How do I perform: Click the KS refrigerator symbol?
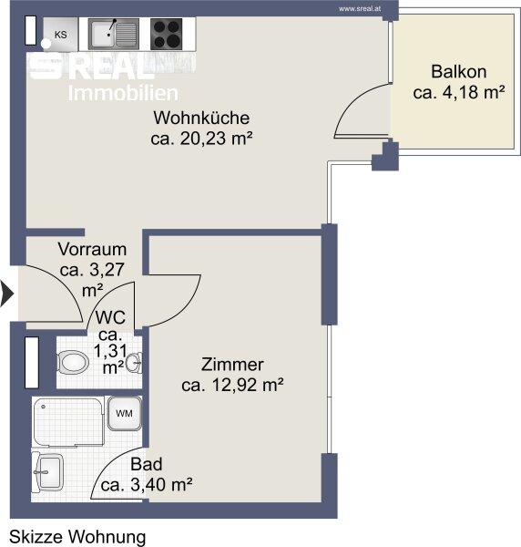(x=60, y=35)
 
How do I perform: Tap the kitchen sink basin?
(x=102, y=34)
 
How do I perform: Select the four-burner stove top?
(x=167, y=35)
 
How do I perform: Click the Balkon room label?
(x=459, y=72)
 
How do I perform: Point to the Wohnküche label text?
(x=201, y=118)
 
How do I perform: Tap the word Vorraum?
(x=92, y=249)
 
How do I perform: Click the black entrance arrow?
(x=6, y=294)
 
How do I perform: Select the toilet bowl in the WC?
(x=73, y=362)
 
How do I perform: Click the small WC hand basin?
(x=134, y=363)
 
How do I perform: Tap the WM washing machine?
(x=125, y=414)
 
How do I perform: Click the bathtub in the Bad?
(x=68, y=421)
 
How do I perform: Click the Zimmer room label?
(x=232, y=365)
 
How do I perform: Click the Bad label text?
(x=147, y=464)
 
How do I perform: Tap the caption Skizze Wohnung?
(x=77, y=537)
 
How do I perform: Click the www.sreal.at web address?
(x=360, y=9)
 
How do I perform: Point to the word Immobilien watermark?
(x=123, y=93)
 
